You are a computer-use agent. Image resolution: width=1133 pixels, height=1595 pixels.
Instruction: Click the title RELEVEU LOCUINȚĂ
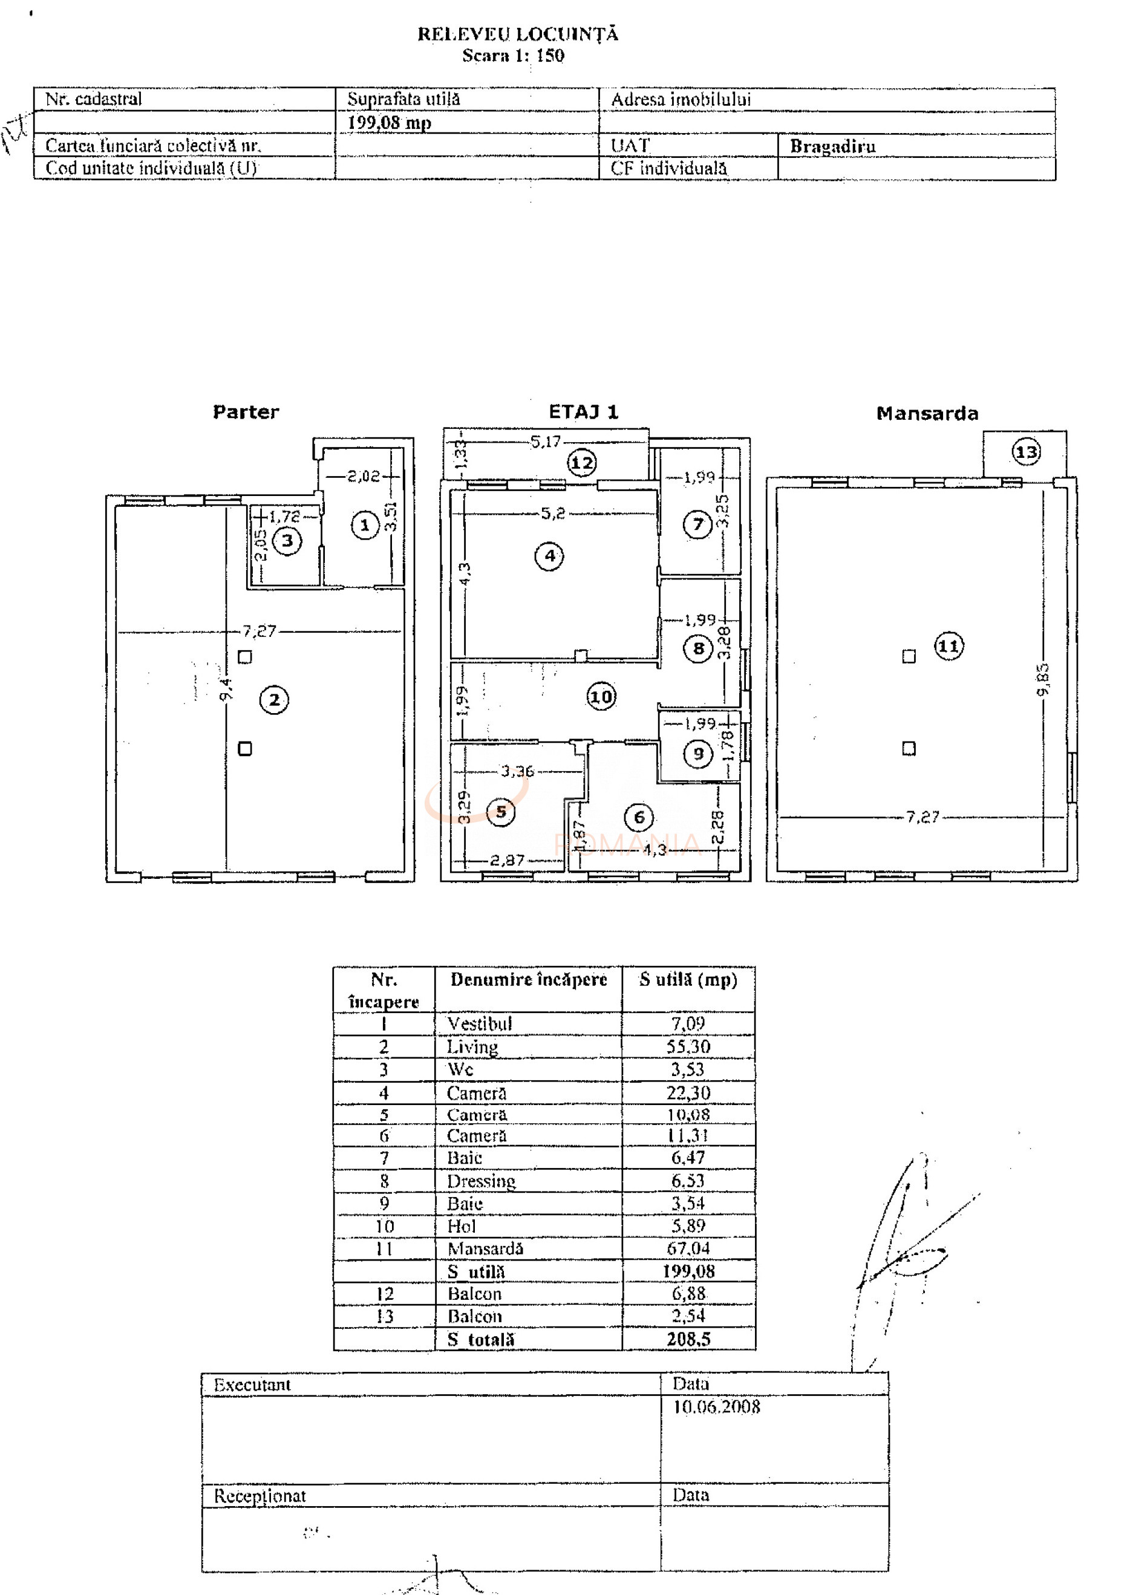518,34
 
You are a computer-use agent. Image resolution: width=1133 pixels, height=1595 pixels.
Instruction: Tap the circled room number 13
1025,452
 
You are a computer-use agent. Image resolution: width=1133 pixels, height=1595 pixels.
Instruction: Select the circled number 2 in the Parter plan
274,699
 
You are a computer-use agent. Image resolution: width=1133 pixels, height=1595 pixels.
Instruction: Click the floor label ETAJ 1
583,412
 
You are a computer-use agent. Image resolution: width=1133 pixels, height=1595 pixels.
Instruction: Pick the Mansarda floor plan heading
927,414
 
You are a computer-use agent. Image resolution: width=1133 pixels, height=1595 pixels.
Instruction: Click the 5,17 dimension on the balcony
546,442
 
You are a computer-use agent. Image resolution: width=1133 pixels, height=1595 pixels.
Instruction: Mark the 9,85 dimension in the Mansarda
1043,679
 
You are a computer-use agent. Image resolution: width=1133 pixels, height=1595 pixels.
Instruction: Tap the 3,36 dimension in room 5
517,771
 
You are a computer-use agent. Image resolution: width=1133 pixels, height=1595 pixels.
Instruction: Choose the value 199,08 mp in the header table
390,123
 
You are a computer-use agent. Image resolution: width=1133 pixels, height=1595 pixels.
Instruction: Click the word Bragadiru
832,146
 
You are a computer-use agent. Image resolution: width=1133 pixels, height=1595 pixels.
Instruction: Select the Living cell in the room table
472,1047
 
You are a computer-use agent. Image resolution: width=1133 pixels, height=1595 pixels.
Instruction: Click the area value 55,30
688,1046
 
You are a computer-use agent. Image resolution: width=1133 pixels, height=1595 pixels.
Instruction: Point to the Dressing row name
482,1181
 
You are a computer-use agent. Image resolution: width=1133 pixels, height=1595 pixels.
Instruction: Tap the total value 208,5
688,1339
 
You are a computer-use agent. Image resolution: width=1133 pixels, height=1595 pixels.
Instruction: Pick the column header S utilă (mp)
688,980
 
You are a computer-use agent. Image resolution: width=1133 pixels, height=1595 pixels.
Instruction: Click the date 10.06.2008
716,1407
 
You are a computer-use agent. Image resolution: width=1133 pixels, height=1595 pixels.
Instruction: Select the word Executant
252,1385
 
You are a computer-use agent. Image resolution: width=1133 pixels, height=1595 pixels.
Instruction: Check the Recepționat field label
260,1496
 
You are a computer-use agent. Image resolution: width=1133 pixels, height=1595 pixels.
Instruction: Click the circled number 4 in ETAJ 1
550,556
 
